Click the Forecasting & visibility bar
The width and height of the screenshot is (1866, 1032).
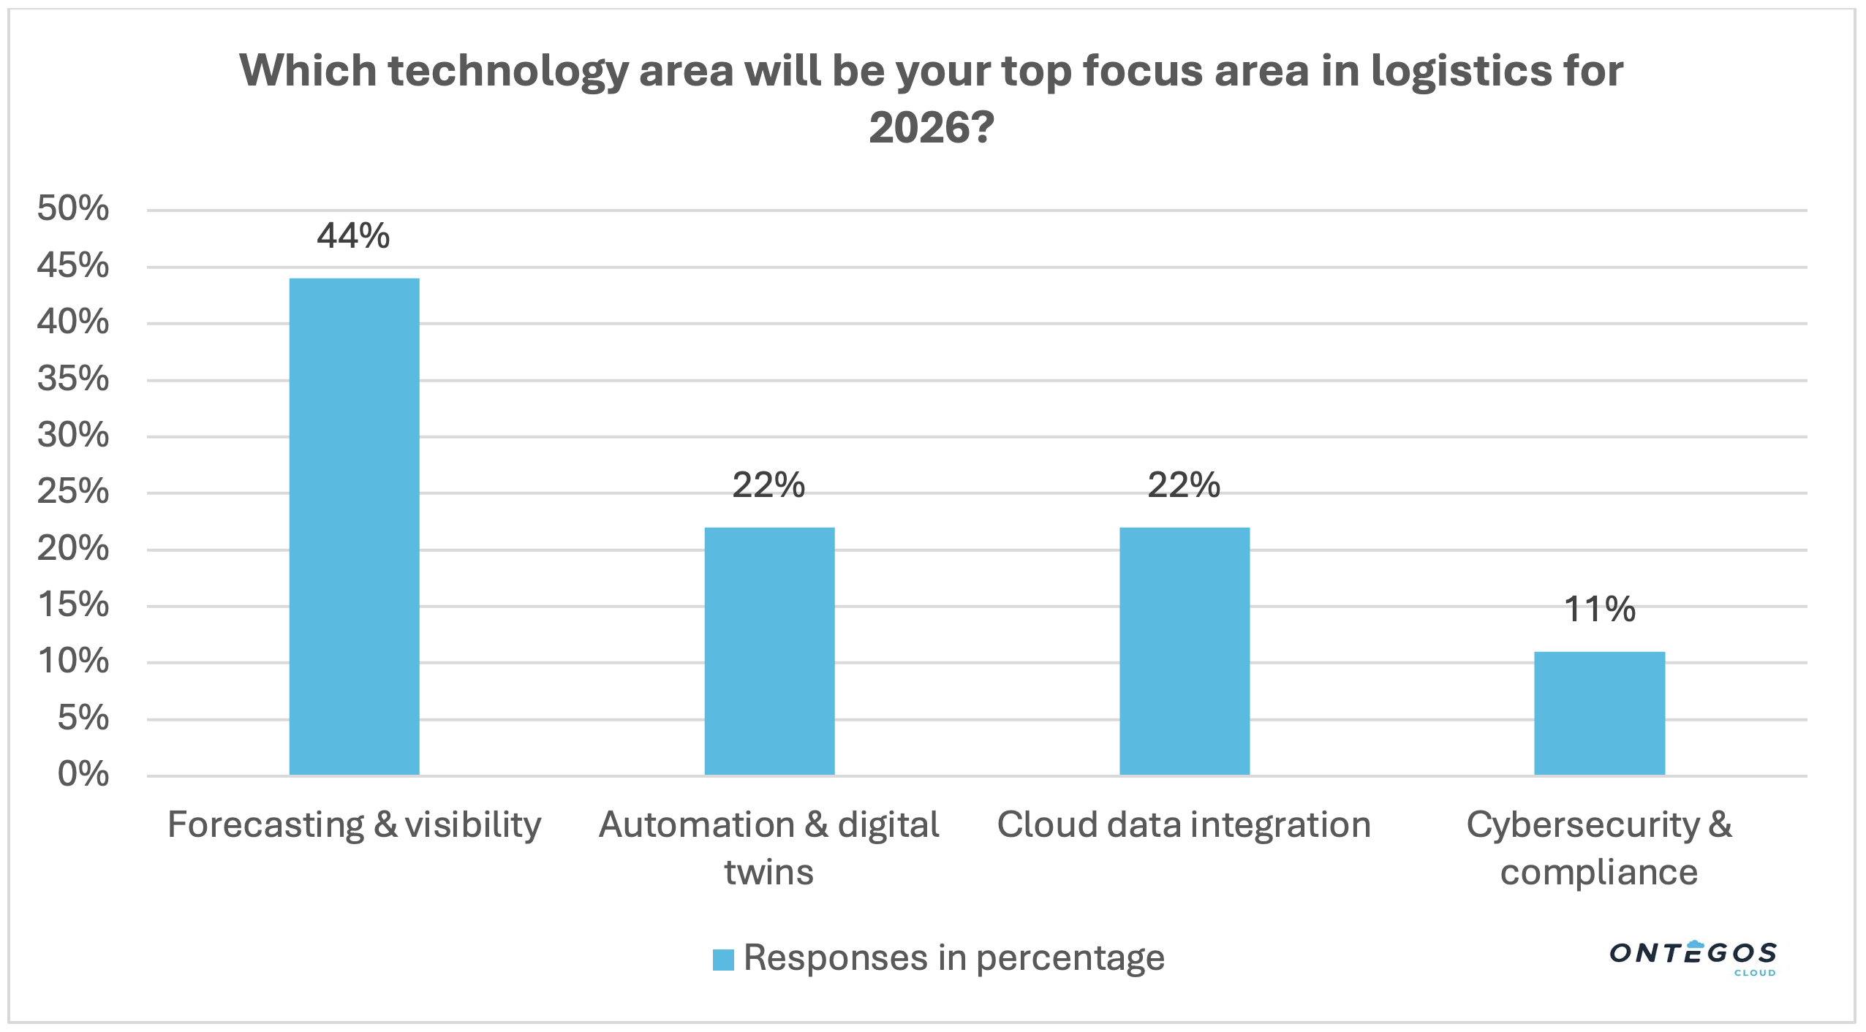point(355,526)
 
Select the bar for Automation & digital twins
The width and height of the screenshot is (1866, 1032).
point(769,650)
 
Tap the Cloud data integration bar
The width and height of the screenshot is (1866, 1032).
point(1185,650)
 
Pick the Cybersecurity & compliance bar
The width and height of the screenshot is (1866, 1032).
point(1599,713)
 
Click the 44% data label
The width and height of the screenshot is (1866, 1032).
point(353,236)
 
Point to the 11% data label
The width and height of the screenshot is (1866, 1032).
point(1599,610)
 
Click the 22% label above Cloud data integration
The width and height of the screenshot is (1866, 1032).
point(1184,485)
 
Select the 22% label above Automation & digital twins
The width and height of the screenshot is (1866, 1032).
point(768,485)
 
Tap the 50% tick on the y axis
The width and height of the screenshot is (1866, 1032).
point(73,209)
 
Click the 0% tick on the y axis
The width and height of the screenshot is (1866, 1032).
point(83,774)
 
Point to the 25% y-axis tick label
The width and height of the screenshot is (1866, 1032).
point(73,492)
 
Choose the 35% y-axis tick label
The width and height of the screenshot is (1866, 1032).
point(73,379)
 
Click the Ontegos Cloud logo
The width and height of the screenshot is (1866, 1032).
point(1693,957)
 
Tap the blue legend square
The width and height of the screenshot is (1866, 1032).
point(723,960)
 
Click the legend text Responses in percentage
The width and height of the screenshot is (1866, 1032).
point(953,958)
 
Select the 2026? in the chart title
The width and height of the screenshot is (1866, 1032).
point(932,128)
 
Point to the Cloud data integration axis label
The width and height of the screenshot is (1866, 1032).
point(1184,825)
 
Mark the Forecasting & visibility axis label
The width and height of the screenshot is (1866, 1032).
point(355,825)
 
